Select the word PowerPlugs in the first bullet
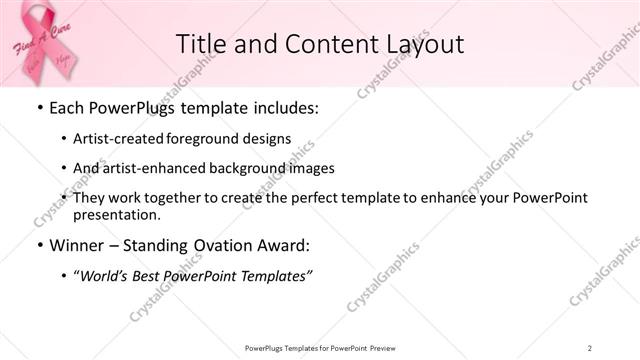[128, 106]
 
